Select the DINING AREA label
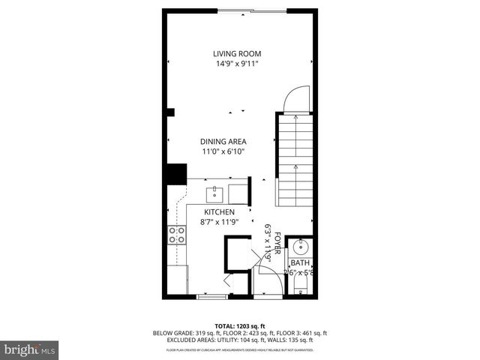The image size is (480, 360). point(223,141)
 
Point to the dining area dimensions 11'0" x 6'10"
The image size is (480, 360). point(223,151)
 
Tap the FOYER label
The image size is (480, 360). point(277,244)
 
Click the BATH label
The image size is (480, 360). point(300,262)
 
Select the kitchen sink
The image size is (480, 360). point(215,193)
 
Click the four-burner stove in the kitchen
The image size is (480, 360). point(177,235)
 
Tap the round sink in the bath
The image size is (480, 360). point(301,245)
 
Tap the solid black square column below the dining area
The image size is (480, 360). point(175,174)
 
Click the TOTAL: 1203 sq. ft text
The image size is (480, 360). point(239,325)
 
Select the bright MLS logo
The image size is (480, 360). point(30,349)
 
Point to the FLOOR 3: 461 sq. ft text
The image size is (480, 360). point(302,333)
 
